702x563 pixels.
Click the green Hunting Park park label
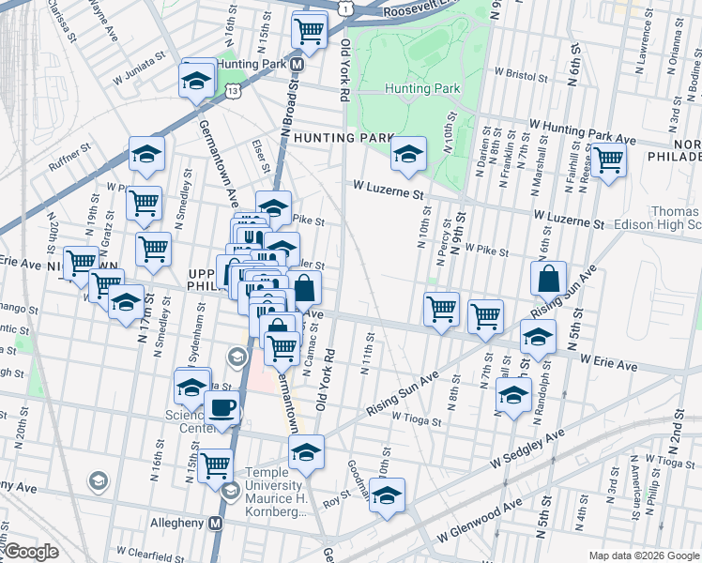(422, 88)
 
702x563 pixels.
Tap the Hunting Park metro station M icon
(297, 64)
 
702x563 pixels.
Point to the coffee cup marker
(221, 408)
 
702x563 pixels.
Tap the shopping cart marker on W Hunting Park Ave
(608, 160)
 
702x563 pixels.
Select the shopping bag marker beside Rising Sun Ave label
(548, 278)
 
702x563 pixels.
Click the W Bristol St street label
(517, 72)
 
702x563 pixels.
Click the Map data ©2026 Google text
(642, 555)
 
